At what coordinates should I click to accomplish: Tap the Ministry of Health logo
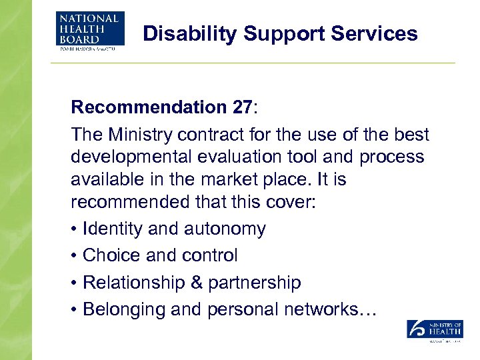(x=435, y=331)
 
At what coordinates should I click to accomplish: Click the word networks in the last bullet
(x=337, y=310)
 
